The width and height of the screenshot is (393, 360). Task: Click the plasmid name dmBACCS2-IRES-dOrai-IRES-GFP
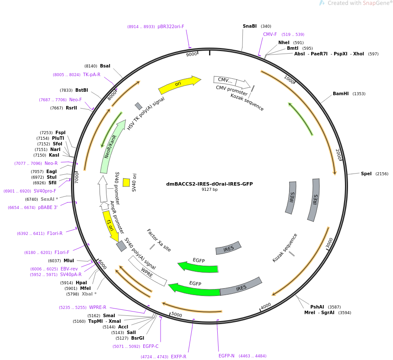209,184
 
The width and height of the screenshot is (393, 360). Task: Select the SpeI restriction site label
366,174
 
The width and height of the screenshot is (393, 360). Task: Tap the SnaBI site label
249,26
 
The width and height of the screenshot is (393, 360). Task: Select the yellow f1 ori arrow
110,225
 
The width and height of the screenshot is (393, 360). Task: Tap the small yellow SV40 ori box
126,183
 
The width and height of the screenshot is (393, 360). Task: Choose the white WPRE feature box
147,270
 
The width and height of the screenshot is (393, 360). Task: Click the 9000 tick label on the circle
191,55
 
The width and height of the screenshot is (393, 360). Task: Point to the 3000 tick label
330,243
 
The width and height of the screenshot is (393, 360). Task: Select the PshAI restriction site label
317,307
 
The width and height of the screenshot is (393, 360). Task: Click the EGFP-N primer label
226,356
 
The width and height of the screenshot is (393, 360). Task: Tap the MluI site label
69,261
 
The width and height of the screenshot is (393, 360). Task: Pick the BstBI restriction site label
82,90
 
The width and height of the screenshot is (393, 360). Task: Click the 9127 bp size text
209,190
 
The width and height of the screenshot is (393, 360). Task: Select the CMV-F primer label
270,35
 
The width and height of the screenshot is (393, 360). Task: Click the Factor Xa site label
158,240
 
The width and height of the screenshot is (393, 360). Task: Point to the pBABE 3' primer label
48,208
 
